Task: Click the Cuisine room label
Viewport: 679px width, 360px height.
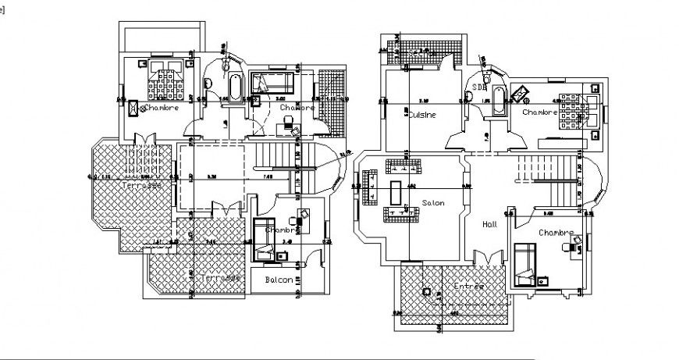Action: pyautogui.click(x=422, y=114)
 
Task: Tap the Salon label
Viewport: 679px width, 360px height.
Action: pyautogui.click(x=433, y=202)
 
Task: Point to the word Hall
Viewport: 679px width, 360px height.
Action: pyautogui.click(x=489, y=223)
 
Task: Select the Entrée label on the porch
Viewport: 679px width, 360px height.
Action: pyautogui.click(x=468, y=287)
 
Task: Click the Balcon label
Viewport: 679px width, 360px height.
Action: pyautogui.click(x=279, y=279)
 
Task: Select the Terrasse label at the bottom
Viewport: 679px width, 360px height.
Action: pyautogui.click(x=221, y=278)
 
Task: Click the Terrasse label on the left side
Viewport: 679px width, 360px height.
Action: pyautogui.click(x=142, y=187)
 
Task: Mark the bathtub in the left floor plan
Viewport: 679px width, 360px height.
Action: pyautogui.click(x=234, y=87)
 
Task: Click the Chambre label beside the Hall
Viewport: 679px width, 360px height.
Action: pyautogui.click(x=556, y=233)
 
